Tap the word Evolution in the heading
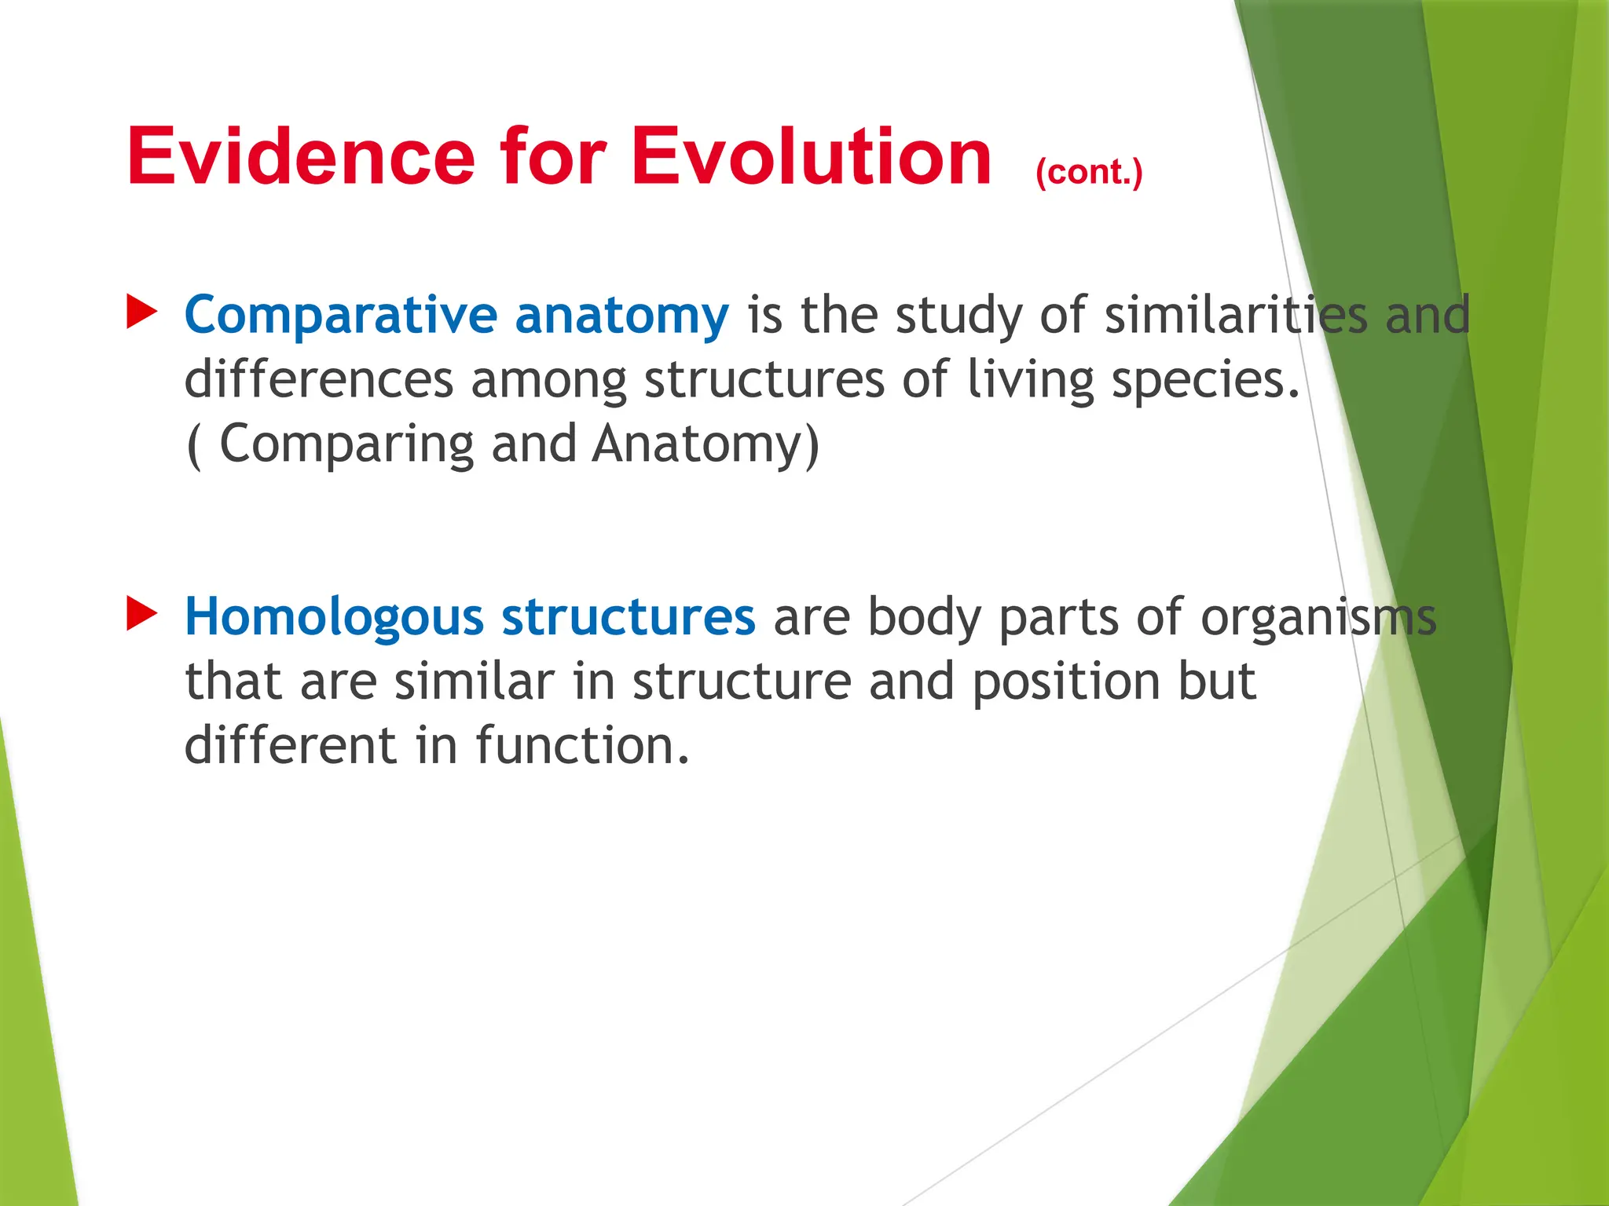811,157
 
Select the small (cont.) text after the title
1089,172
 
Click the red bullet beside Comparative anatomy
141,313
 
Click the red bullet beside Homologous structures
141,615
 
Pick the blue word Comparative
340,316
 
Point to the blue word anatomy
621,316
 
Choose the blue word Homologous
334,617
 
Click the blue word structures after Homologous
629,617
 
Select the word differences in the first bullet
318,379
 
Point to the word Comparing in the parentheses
346,445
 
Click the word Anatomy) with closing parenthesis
706,445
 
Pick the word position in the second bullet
1065,682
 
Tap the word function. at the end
582,745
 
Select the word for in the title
552,157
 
